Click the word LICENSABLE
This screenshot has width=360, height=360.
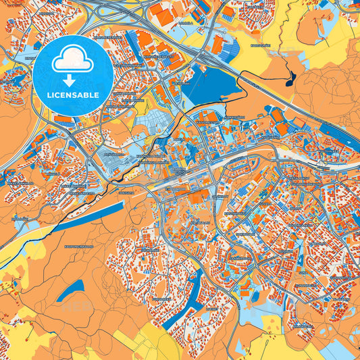pyautogui.click(x=74, y=95)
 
